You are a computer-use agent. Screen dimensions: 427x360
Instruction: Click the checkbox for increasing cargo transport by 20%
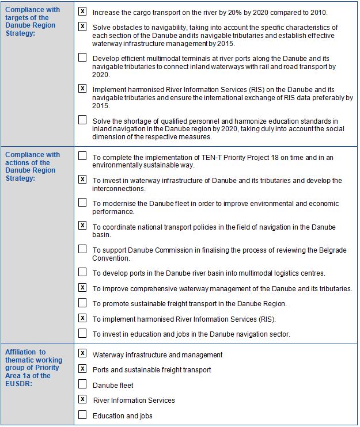pos(82,12)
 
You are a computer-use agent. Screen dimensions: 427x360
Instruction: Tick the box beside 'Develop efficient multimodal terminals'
pos(82,58)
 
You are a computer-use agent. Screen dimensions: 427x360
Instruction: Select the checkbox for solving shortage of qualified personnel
pos(82,120)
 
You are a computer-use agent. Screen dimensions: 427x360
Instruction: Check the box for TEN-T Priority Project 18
pos(82,156)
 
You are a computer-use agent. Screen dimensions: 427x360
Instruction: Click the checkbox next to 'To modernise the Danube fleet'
pos(82,203)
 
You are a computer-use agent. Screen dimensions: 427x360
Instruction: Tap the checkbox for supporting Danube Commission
pos(82,249)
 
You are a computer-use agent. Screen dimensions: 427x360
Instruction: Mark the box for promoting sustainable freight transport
pos(82,303)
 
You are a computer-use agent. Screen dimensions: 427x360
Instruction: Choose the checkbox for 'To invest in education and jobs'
pos(82,333)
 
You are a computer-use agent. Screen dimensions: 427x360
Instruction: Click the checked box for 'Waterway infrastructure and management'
pos(82,353)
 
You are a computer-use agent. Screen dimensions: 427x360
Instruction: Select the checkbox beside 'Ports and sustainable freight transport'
pos(82,369)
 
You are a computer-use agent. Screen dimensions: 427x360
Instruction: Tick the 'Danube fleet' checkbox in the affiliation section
pos(82,384)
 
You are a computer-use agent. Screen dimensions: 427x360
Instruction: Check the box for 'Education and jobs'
pos(82,415)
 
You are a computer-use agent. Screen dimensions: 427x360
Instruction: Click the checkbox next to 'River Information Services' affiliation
pos(82,399)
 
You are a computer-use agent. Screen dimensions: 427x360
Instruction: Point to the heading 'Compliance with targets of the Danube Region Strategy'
pos(32,22)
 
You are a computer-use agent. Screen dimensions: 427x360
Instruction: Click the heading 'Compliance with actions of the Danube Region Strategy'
pos(32,166)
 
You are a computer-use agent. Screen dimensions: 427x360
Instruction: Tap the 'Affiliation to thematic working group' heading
pos(32,368)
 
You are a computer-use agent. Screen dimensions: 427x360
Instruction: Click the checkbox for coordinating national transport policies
pos(82,226)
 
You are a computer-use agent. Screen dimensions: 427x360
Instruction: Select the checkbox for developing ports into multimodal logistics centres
pos(82,272)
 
